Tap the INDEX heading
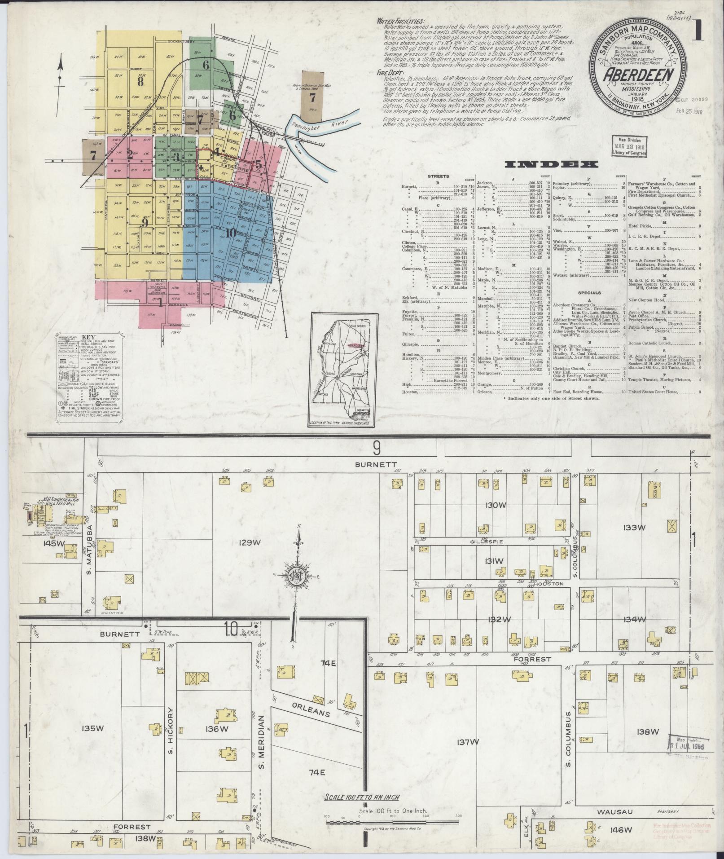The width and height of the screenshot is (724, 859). [551, 165]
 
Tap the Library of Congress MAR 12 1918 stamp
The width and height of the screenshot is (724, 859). [629, 146]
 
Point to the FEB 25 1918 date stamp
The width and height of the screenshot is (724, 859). [690, 112]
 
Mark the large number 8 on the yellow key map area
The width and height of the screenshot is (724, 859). [140, 81]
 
